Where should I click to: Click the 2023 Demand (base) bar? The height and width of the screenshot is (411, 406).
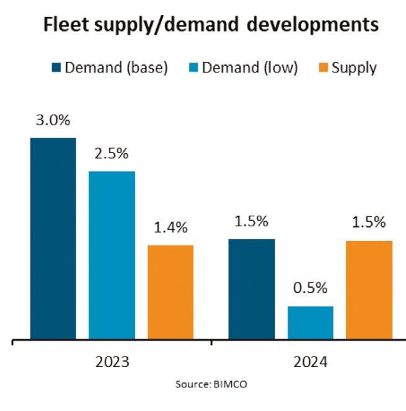click(x=53, y=239)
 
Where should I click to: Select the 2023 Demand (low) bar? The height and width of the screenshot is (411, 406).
click(x=112, y=255)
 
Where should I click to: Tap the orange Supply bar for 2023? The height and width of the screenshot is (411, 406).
click(x=170, y=293)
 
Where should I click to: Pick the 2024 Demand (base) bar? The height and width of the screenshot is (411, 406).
click(x=252, y=289)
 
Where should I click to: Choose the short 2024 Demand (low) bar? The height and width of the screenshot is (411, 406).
click(x=311, y=323)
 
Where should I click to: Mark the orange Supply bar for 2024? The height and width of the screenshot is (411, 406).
click(x=369, y=290)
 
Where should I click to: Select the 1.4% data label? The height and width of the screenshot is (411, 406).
click(x=171, y=228)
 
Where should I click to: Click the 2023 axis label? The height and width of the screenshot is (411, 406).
click(x=112, y=361)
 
